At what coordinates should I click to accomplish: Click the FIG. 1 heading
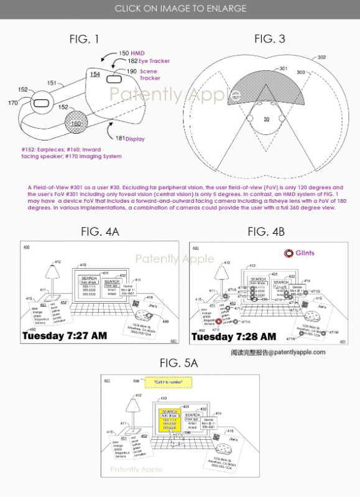click(x=84, y=39)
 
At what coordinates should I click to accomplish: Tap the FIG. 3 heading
click(x=269, y=39)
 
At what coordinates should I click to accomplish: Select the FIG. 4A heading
click(x=99, y=232)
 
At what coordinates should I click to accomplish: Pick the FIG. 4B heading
click(x=266, y=232)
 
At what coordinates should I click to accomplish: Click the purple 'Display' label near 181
click(x=135, y=139)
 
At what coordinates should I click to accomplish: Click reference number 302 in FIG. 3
click(x=321, y=57)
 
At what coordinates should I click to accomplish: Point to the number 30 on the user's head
click(x=266, y=119)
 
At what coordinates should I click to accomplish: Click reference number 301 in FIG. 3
click(x=283, y=68)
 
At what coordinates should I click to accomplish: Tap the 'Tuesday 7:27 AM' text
click(x=64, y=336)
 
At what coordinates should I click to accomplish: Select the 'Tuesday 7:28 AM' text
click(x=233, y=337)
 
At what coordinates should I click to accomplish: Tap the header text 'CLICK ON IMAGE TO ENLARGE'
click(x=180, y=9)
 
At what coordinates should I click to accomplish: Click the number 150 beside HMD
click(x=123, y=54)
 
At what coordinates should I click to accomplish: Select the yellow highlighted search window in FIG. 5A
click(x=169, y=422)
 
